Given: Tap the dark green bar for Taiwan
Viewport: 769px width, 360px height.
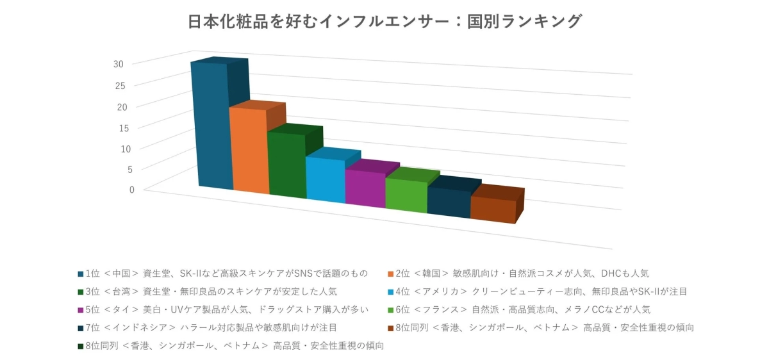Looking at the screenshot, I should pyautogui.click(x=287, y=165).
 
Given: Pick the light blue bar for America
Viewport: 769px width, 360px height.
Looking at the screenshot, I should pyautogui.click(x=326, y=180).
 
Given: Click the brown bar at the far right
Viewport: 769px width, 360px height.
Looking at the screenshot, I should pyautogui.click(x=493, y=210).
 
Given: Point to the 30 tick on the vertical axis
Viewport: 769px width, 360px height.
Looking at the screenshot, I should pyautogui.click(x=119, y=63).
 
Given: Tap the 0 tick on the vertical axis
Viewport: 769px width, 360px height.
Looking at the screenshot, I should pyautogui.click(x=131, y=189).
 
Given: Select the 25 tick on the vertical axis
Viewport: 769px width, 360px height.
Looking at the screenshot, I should pyautogui.click(x=120, y=85).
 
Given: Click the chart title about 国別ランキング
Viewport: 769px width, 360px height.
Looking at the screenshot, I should pyautogui.click(x=384, y=22).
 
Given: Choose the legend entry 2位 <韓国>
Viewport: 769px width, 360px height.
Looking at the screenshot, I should pyautogui.click(x=522, y=274).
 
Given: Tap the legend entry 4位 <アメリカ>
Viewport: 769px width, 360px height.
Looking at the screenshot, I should pyautogui.click(x=541, y=292).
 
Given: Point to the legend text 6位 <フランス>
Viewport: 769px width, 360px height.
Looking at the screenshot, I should pyautogui.click(x=523, y=310).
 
